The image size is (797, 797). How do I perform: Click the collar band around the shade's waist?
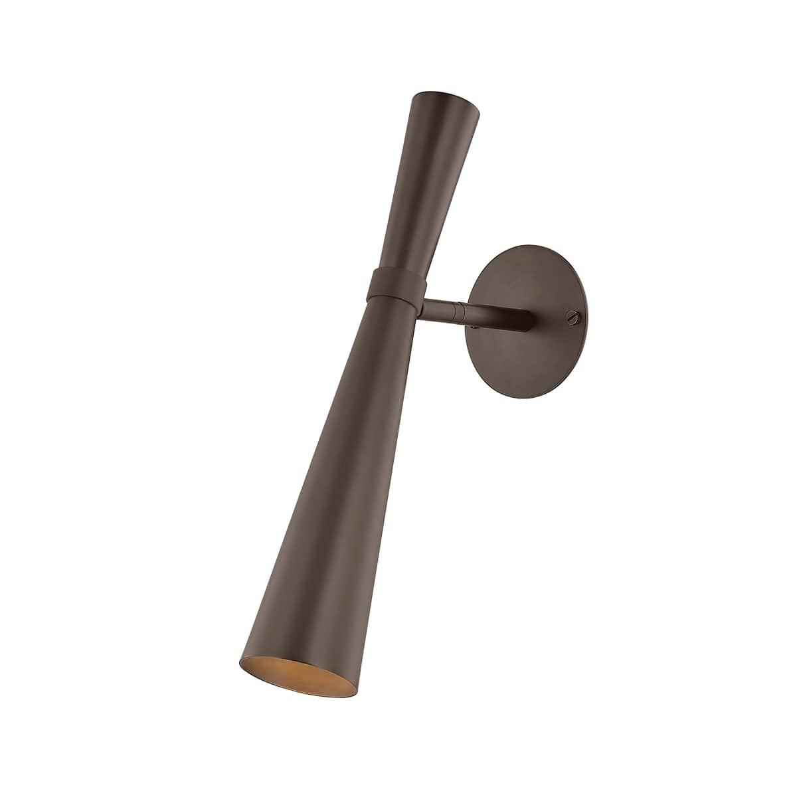tap(393, 283)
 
